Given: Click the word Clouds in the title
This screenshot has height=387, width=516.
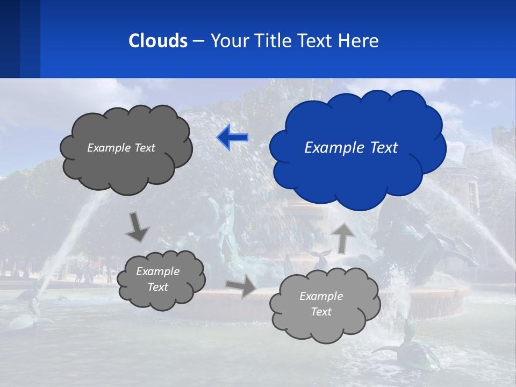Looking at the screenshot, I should [x=158, y=41].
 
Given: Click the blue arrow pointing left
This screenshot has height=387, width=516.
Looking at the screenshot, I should [x=232, y=138].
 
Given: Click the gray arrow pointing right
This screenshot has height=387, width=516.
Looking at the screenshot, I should [x=241, y=287].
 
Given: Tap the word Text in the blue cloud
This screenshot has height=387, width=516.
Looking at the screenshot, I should [x=384, y=148].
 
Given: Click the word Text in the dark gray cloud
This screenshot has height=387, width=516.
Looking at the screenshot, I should [x=145, y=148].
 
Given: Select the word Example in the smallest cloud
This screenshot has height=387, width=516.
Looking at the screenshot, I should [x=157, y=271].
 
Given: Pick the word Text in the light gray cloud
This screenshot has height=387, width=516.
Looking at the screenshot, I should [x=321, y=312].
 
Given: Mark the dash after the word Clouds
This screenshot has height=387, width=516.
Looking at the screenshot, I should [x=198, y=41].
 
